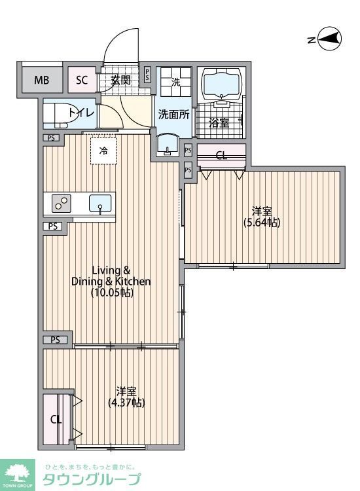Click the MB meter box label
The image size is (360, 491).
tap(42, 81)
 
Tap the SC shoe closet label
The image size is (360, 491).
tap(82, 81)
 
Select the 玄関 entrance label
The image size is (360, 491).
tap(120, 81)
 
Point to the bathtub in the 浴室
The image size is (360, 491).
tap(223, 83)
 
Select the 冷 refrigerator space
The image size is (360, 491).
tap(103, 151)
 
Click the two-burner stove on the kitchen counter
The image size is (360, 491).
tap(61, 204)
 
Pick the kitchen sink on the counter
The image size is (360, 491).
tap(100, 203)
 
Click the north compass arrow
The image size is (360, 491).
tap(327, 39)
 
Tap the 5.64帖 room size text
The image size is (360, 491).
tap(262, 223)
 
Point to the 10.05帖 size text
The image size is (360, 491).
tap(112, 293)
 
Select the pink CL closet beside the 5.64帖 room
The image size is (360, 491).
tap(222, 155)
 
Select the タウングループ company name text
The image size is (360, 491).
tap(91, 479)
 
